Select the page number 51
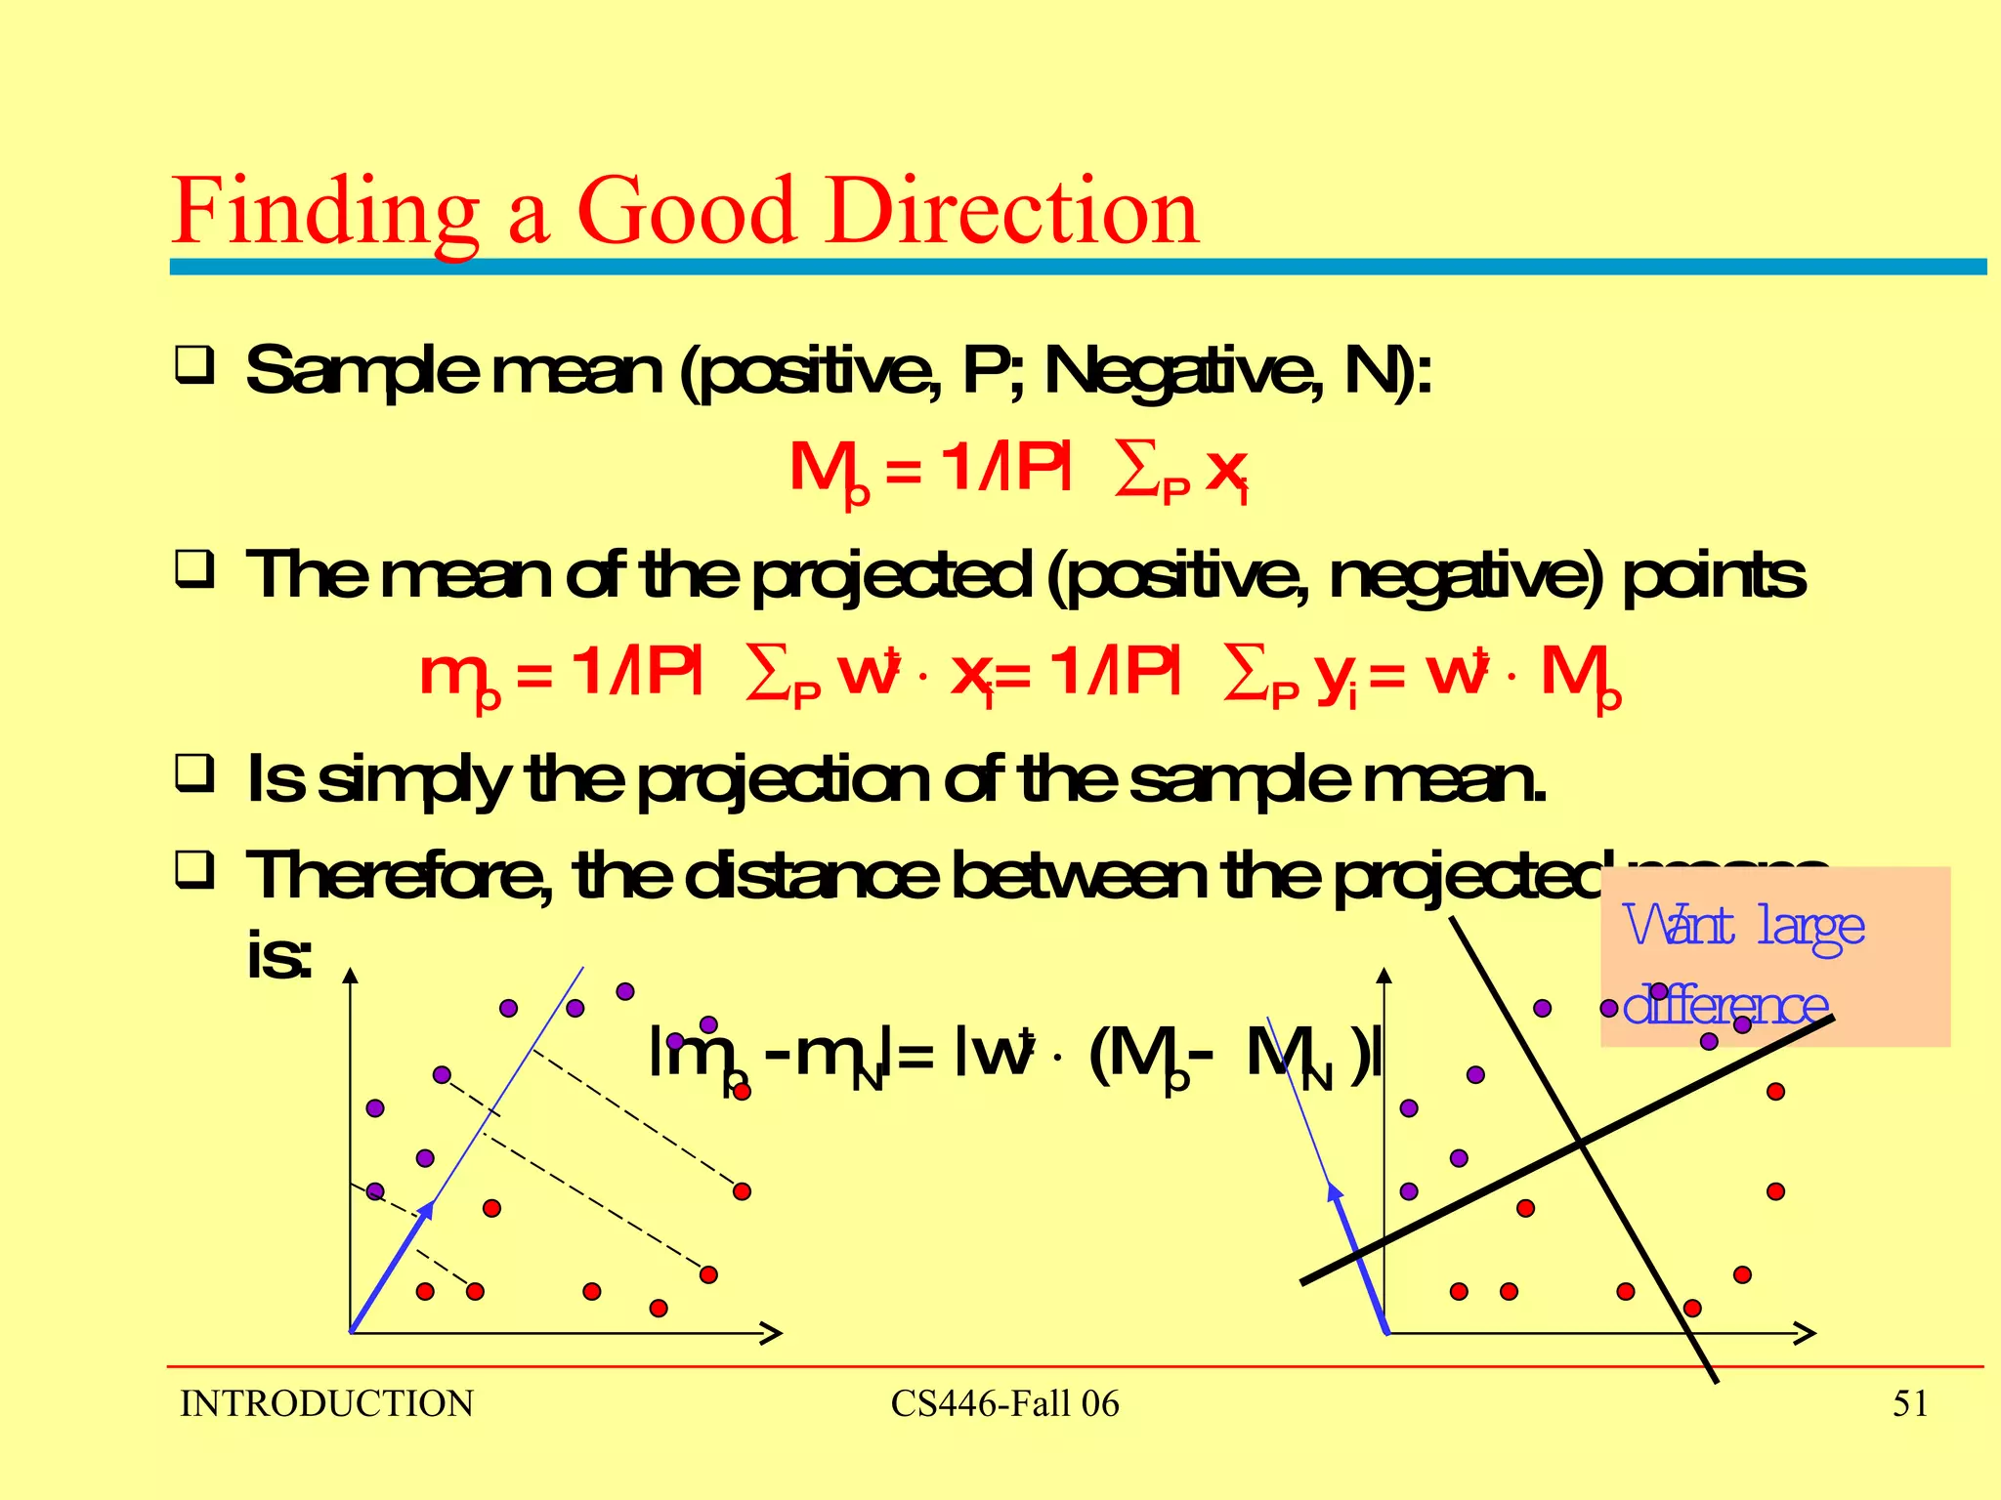(1910, 1404)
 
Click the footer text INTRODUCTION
(326, 1404)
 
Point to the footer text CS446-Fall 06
(1004, 1404)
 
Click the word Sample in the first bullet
(362, 372)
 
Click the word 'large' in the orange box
(1810, 927)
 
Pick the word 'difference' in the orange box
(1724, 1005)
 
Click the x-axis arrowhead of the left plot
(771, 1333)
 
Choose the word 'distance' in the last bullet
(810, 876)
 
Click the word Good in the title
(685, 211)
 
